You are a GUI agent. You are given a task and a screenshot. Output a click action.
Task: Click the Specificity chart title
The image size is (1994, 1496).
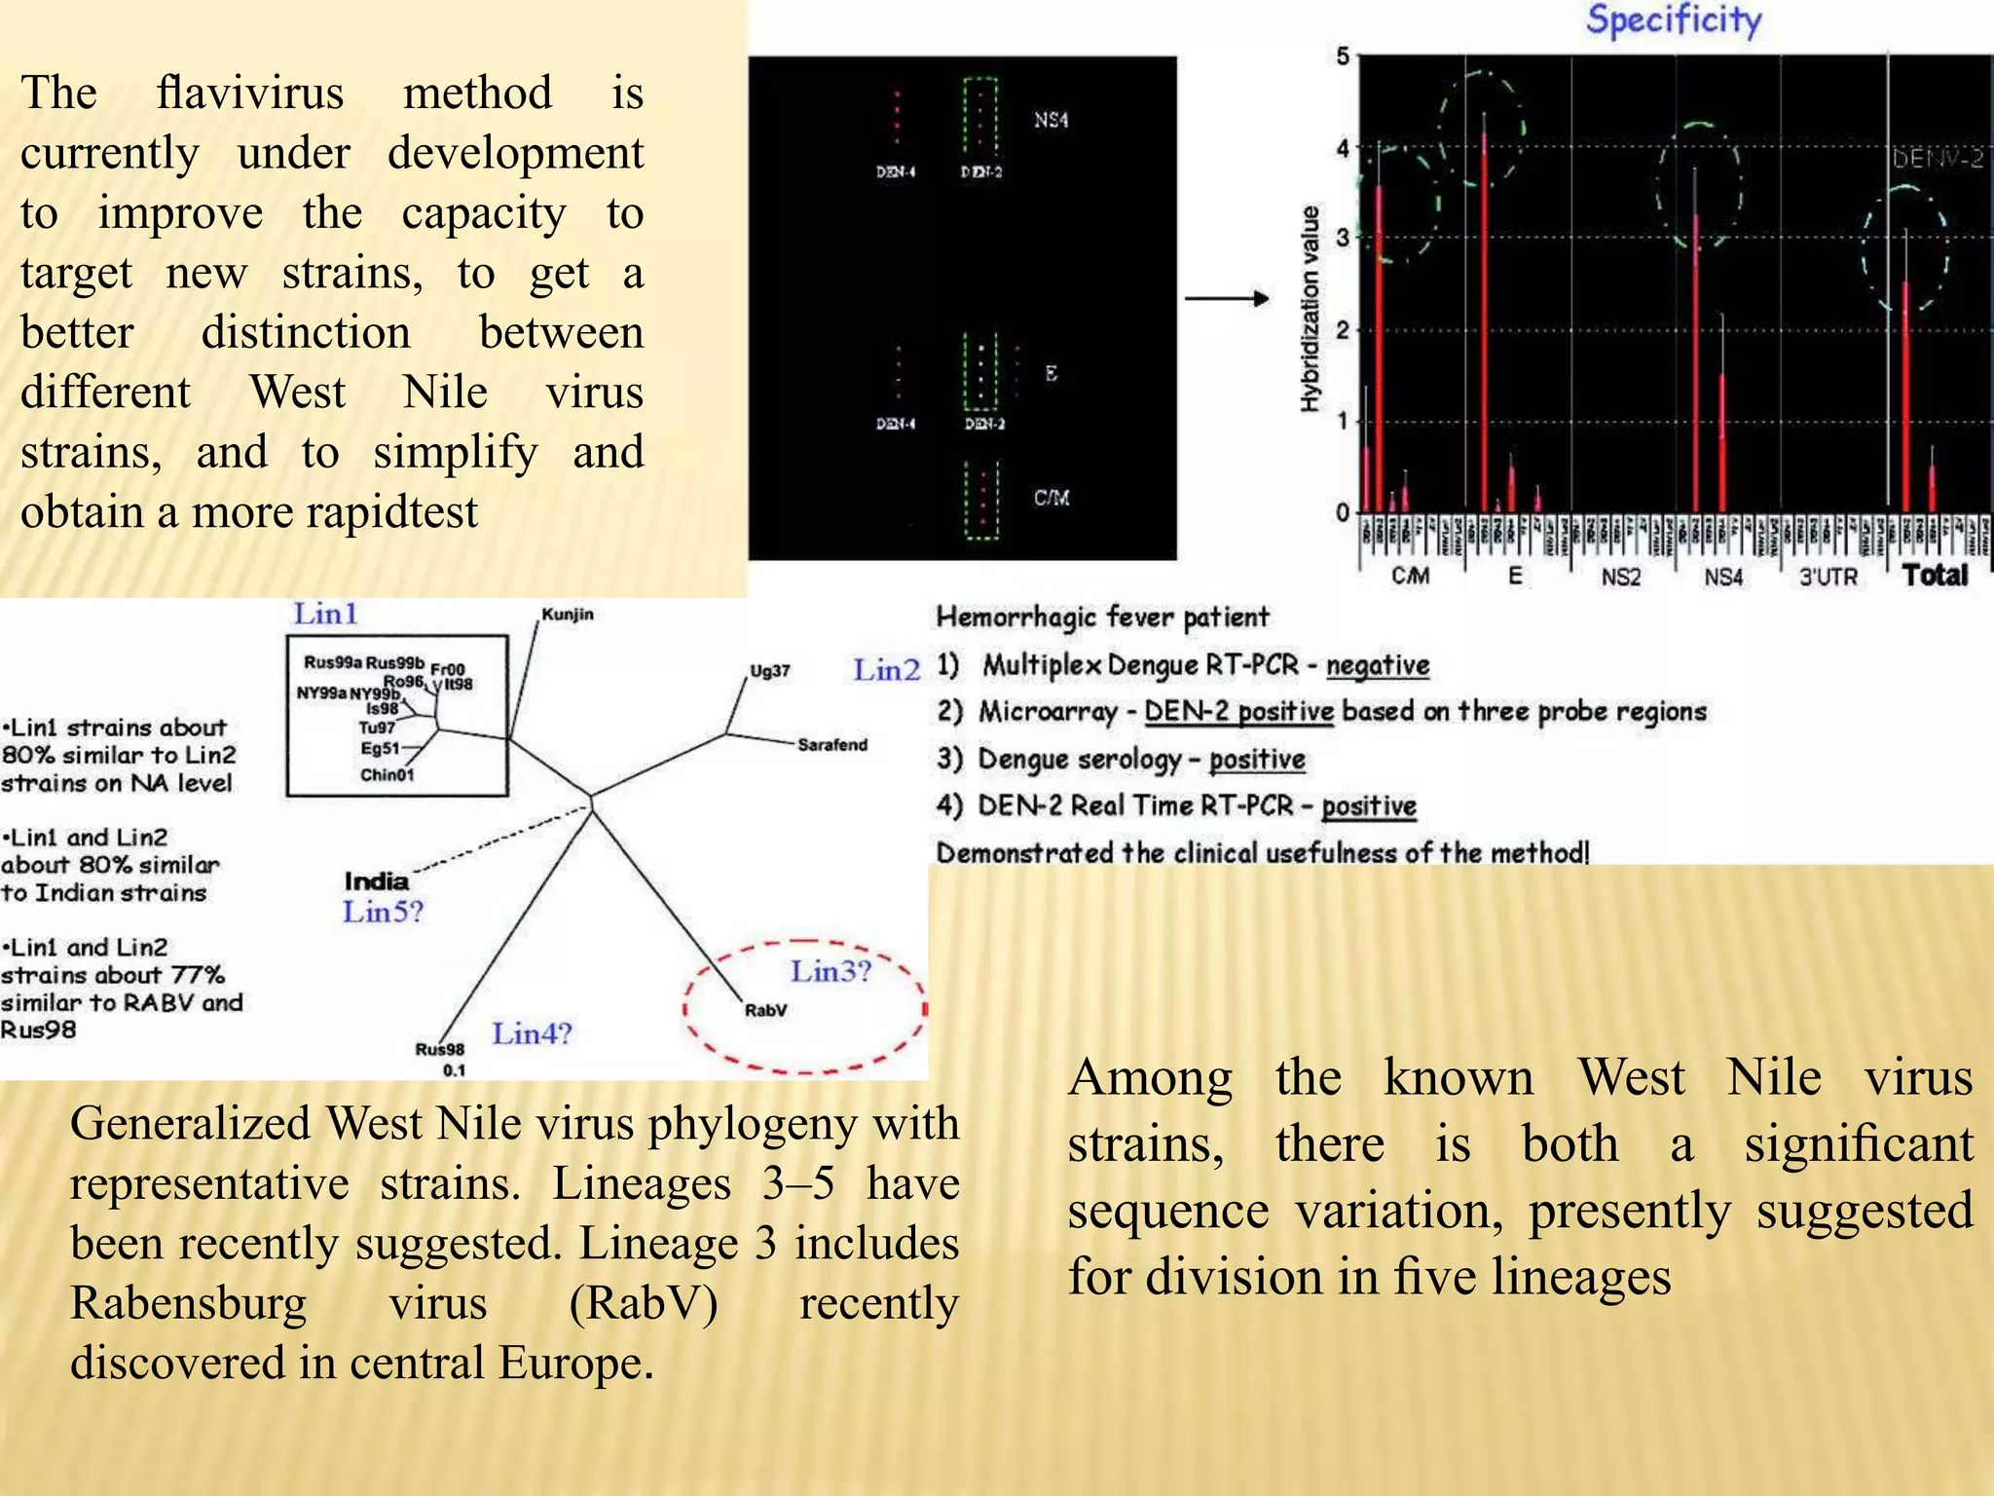pos(1674,20)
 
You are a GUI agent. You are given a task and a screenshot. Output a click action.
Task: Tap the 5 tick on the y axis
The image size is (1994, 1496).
pos(1344,56)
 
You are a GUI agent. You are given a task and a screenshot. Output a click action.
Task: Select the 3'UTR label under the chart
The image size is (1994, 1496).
pos(1828,578)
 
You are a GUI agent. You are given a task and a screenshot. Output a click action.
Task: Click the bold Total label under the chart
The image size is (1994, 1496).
pos(1936,576)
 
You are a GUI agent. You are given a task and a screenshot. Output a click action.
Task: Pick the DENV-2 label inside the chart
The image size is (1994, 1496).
pos(1938,159)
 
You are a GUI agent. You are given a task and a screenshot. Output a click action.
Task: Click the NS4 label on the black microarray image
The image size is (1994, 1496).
pos(1051,120)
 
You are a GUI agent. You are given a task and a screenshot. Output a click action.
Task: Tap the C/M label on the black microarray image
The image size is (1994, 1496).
pos(1052,499)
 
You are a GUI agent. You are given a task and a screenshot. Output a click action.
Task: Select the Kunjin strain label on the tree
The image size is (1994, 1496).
pos(568,615)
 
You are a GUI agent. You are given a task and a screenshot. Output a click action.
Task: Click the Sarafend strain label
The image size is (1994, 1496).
pos(831,745)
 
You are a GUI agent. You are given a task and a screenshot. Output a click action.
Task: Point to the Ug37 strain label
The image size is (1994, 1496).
pos(769,671)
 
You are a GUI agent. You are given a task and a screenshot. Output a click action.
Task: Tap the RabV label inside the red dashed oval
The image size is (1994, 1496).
pos(765,1010)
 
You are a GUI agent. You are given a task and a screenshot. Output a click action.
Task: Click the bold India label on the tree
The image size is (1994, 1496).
pos(376,881)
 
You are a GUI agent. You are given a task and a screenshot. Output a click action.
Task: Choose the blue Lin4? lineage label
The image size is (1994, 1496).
pos(532,1033)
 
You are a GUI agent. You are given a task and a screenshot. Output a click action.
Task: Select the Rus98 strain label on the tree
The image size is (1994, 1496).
pos(440,1049)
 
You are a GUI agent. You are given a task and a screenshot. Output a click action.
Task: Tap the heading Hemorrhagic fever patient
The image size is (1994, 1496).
pos(1102,617)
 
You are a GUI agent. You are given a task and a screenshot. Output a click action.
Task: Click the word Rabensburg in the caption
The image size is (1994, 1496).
pos(188,1303)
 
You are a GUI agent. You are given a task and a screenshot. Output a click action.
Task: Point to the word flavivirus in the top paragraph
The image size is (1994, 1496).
pos(250,93)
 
